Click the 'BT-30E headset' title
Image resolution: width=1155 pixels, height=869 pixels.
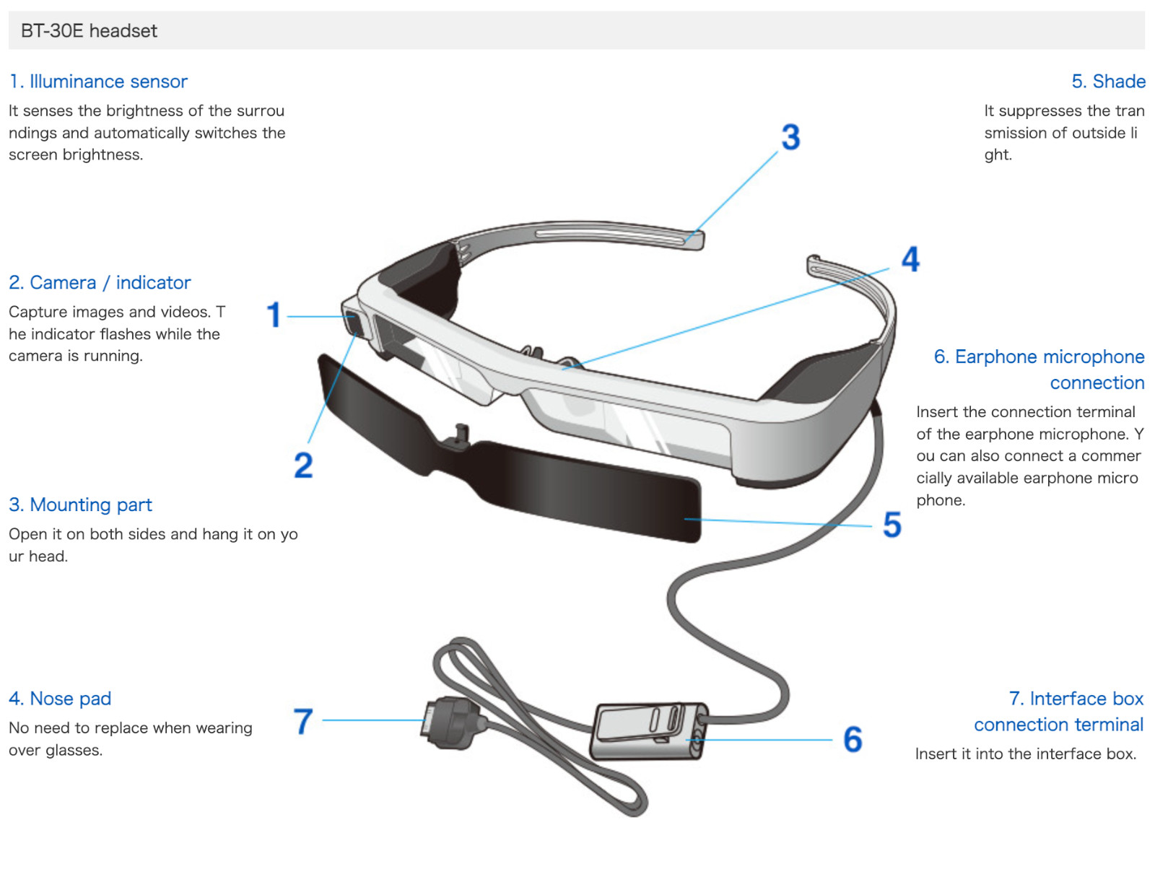tap(89, 31)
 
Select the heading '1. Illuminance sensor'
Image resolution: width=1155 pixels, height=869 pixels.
tap(98, 82)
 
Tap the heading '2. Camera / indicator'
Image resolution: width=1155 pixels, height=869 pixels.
tap(100, 283)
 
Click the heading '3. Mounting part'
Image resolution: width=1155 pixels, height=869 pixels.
tap(80, 505)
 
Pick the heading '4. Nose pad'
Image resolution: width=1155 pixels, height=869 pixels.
tap(60, 699)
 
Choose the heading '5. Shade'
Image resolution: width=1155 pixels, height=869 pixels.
tap(1108, 82)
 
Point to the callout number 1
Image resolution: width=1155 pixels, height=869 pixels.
tap(274, 315)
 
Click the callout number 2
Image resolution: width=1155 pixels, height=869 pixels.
tap(303, 466)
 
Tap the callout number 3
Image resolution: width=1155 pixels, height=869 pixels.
tap(790, 137)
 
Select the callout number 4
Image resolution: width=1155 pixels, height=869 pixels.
tap(910, 260)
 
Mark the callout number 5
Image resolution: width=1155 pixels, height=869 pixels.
tap(892, 525)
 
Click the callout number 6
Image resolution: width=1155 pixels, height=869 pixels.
tap(853, 740)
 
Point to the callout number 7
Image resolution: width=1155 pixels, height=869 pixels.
tap(303, 721)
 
